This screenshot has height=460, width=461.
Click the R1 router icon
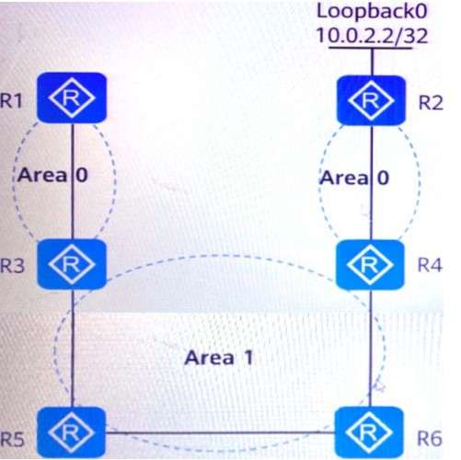(72, 98)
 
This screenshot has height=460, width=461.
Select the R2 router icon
(371, 100)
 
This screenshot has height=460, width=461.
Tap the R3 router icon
(72, 264)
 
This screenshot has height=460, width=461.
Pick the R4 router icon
(370, 265)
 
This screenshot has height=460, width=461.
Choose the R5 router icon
(72, 432)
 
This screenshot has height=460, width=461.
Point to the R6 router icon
(369, 432)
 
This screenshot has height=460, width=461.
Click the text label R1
(12, 100)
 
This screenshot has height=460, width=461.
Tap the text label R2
(431, 102)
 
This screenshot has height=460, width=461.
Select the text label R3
(12, 265)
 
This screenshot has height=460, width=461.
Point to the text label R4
(430, 265)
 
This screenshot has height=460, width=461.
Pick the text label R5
(12, 439)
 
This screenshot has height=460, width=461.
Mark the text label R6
(430, 438)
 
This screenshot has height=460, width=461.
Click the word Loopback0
(372, 11)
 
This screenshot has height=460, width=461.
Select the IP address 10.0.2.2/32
(372, 35)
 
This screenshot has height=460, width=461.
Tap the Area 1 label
(219, 358)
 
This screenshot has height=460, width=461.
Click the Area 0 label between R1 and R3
(52, 175)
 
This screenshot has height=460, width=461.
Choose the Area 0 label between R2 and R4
(354, 178)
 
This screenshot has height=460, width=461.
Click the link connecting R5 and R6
(220, 432)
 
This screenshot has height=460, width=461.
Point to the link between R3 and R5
(73, 348)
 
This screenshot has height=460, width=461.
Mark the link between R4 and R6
(370, 349)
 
